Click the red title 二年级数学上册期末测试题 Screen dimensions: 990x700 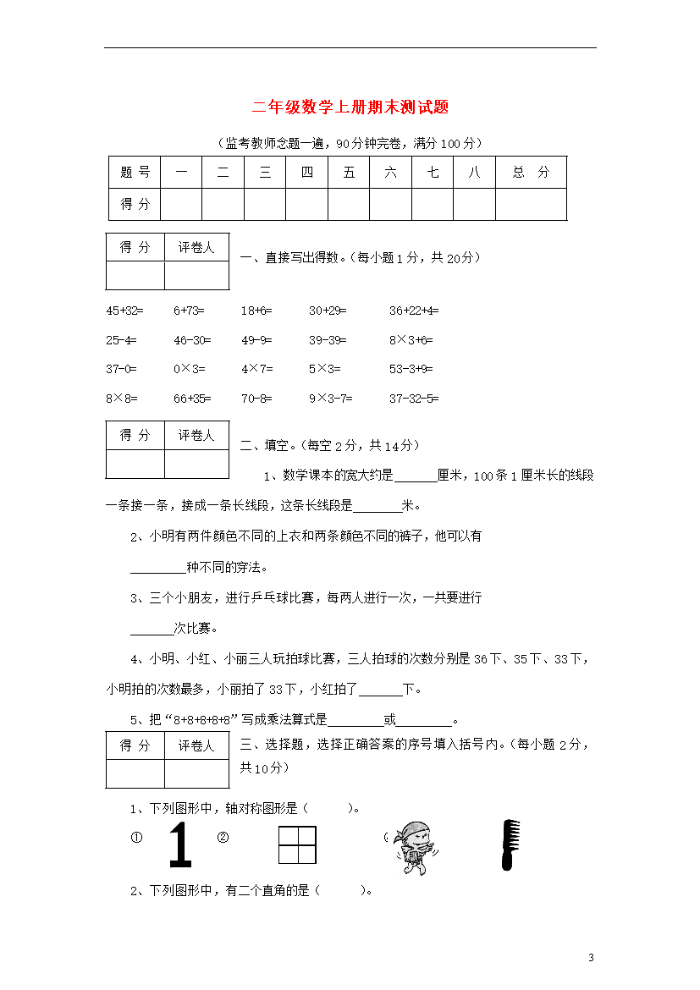[350, 107]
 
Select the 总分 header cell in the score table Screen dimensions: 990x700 [531, 173]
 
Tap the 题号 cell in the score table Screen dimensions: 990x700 [135, 173]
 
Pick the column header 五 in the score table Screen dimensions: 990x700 [349, 173]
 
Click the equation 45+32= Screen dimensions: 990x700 [124, 311]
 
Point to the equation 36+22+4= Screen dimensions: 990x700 [414, 311]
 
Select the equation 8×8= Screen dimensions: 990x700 [122, 398]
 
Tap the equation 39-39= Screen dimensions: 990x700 [328, 340]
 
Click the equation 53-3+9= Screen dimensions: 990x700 [411, 369]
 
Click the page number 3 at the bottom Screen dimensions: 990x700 [591, 958]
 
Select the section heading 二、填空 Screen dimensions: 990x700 [263, 445]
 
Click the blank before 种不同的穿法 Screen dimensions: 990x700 [157, 567]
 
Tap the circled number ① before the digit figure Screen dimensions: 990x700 [135, 838]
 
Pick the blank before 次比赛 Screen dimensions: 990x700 [152, 629]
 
